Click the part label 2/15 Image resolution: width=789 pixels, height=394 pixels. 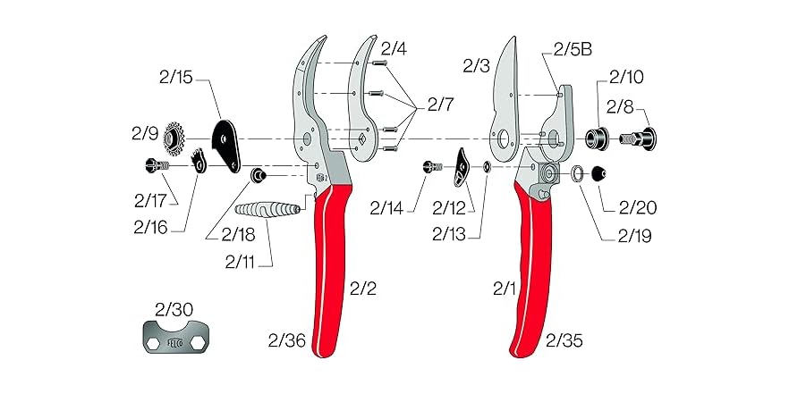click(179, 79)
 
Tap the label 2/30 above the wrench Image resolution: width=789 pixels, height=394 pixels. click(174, 310)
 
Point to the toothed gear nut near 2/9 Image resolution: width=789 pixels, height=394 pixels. click(174, 138)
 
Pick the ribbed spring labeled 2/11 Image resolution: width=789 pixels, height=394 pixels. click(269, 214)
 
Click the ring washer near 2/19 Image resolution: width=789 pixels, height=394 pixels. click(579, 172)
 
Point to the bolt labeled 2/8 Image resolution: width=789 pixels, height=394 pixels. click(641, 138)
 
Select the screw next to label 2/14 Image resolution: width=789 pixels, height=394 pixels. click(433, 166)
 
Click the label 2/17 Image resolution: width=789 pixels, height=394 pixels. click(151, 199)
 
